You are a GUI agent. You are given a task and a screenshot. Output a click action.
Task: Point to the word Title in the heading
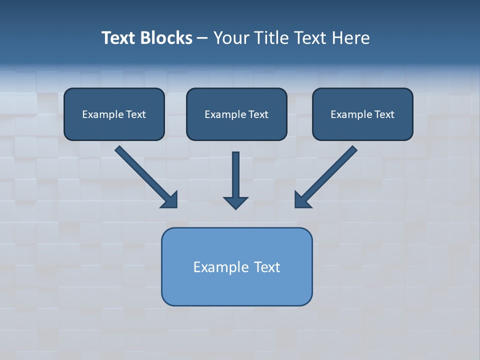coord(272,38)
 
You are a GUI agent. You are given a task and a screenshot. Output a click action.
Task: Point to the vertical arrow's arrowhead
coord(235,202)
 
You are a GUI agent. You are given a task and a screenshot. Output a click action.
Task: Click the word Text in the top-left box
coord(136,114)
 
